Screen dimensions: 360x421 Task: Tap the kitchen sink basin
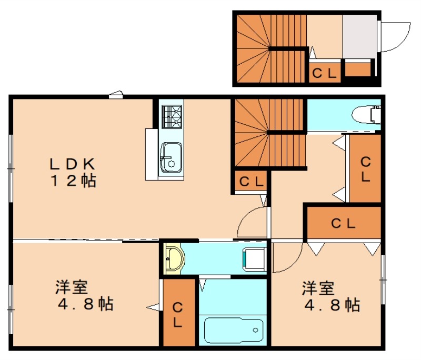171,157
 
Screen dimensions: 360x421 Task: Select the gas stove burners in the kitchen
172,117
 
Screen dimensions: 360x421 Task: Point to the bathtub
233,330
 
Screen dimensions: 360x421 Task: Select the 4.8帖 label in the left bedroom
84,304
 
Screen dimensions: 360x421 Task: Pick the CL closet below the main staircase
251,182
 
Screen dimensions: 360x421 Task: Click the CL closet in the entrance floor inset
324,74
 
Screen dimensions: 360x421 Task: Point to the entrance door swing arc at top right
396,37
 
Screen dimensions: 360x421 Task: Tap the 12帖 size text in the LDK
73,181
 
